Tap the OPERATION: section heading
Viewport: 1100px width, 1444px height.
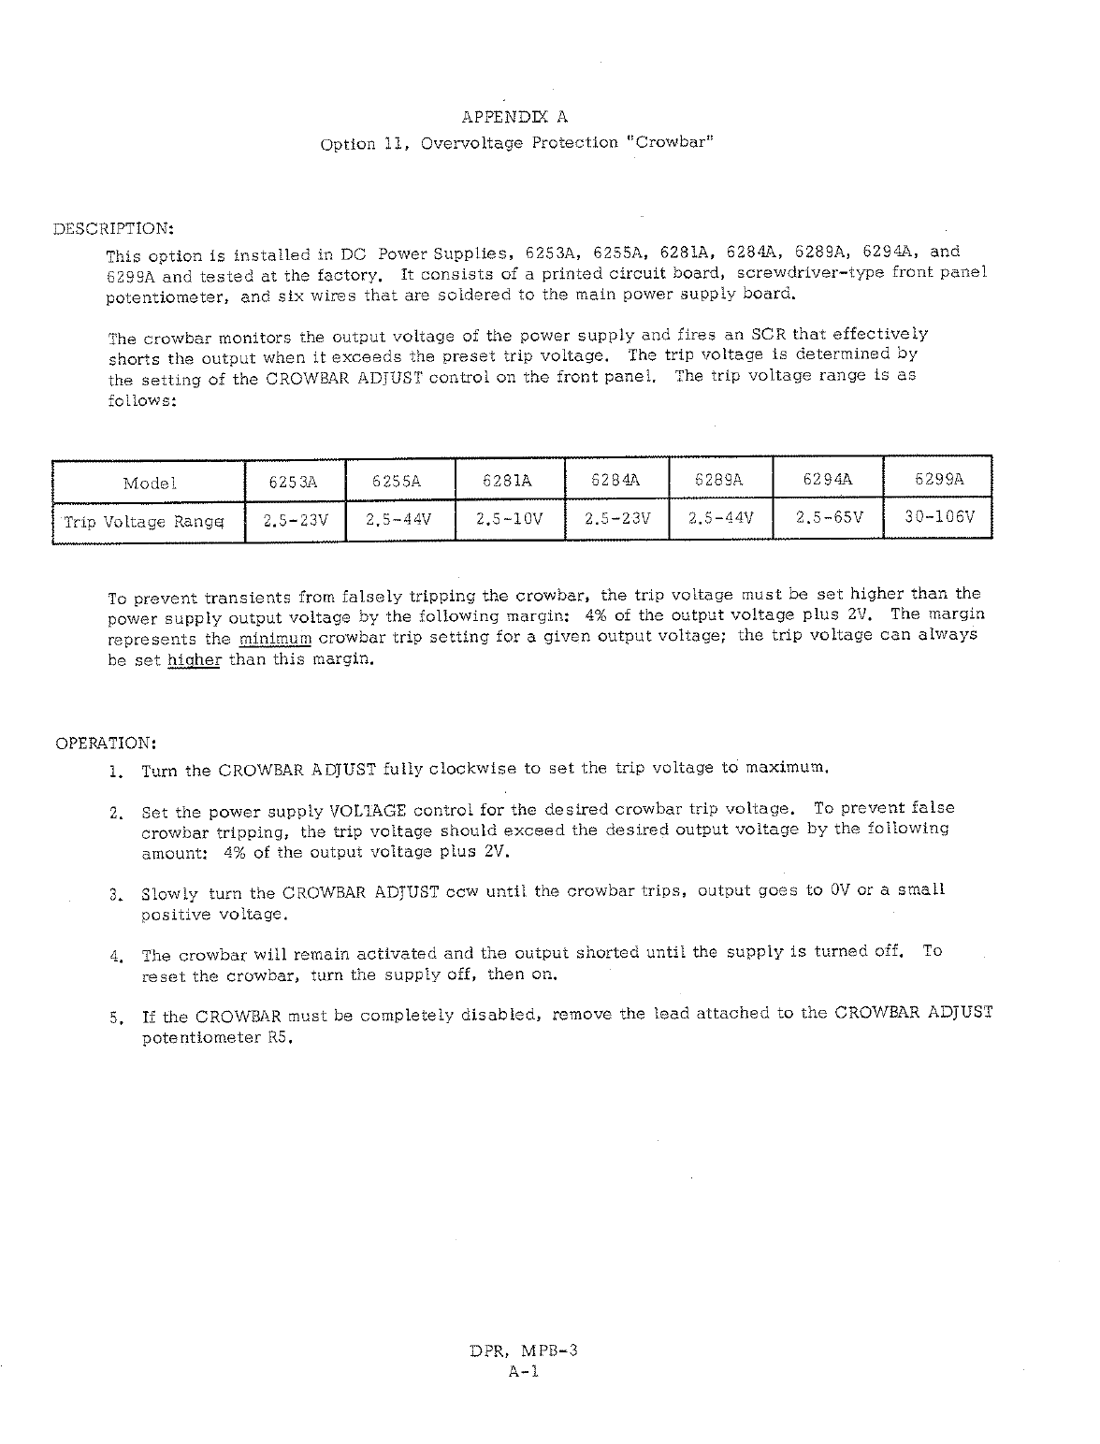tap(106, 744)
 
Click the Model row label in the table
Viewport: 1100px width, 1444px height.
tap(150, 484)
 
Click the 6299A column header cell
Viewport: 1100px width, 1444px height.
tap(938, 481)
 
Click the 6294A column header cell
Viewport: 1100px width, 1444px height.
tap(828, 481)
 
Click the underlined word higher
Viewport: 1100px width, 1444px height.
tap(194, 660)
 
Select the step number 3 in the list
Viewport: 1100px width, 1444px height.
tap(115, 894)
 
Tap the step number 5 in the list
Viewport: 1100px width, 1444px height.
tap(115, 1018)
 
